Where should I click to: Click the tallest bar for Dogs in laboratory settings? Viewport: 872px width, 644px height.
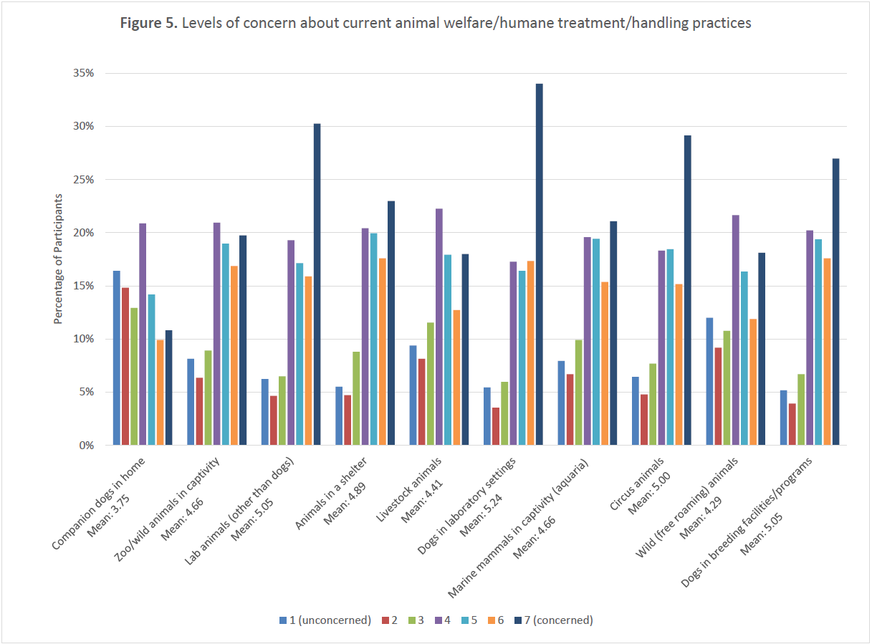click(x=539, y=264)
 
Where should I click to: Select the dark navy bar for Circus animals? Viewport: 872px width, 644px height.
click(x=687, y=290)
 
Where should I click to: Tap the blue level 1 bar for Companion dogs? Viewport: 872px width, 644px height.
click(x=117, y=357)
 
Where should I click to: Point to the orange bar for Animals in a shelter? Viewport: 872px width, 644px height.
click(x=383, y=352)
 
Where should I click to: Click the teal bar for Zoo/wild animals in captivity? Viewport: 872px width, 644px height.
click(x=225, y=344)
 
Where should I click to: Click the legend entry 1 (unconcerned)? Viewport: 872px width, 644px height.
click(x=330, y=620)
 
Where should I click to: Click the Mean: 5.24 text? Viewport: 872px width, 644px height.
click(x=490, y=494)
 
